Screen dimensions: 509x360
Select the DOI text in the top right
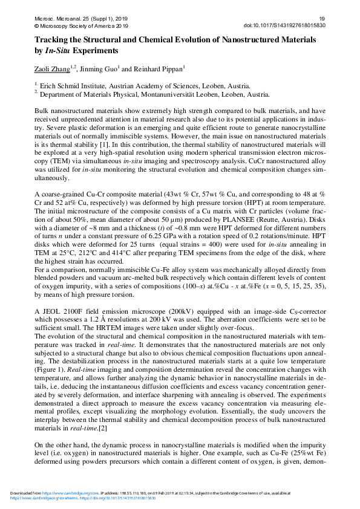(x=284, y=27)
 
